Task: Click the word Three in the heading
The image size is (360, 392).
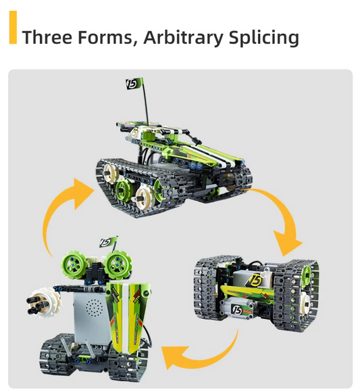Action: click(x=48, y=37)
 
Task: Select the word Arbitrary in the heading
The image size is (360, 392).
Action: click(x=183, y=37)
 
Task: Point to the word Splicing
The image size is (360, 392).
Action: click(x=264, y=37)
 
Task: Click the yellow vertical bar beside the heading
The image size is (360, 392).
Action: click(x=13, y=27)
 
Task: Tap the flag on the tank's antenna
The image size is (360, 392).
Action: click(x=134, y=84)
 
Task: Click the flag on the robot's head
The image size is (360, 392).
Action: click(x=109, y=242)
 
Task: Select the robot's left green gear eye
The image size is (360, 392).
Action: click(x=74, y=263)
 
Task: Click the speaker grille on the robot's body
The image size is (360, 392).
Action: click(x=94, y=308)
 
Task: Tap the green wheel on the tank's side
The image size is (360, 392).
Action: click(x=124, y=189)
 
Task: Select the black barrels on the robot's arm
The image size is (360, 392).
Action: click(x=37, y=303)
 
